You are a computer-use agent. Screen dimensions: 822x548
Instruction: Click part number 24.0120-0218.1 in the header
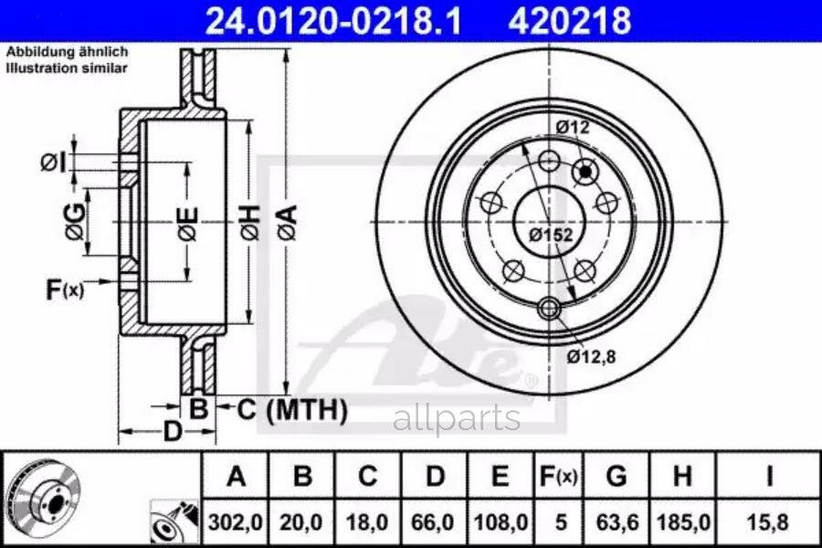(x=333, y=20)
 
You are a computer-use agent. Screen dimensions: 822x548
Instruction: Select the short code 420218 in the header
(x=569, y=20)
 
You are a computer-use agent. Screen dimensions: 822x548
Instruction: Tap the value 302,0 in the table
(x=236, y=522)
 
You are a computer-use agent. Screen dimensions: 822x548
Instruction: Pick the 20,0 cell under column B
(x=300, y=522)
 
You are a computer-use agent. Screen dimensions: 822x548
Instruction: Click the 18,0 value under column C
(x=367, y=522)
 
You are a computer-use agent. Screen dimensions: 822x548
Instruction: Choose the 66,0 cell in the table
(x=433, y=522)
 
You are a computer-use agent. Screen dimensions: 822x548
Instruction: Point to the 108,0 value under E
(x=501, y=522)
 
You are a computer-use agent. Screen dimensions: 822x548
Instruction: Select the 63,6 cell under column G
(x=617, y=522)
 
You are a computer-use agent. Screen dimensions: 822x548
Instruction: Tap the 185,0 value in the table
(x=683, y=522)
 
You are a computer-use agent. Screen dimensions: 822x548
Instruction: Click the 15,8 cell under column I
(x=768, y=522)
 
